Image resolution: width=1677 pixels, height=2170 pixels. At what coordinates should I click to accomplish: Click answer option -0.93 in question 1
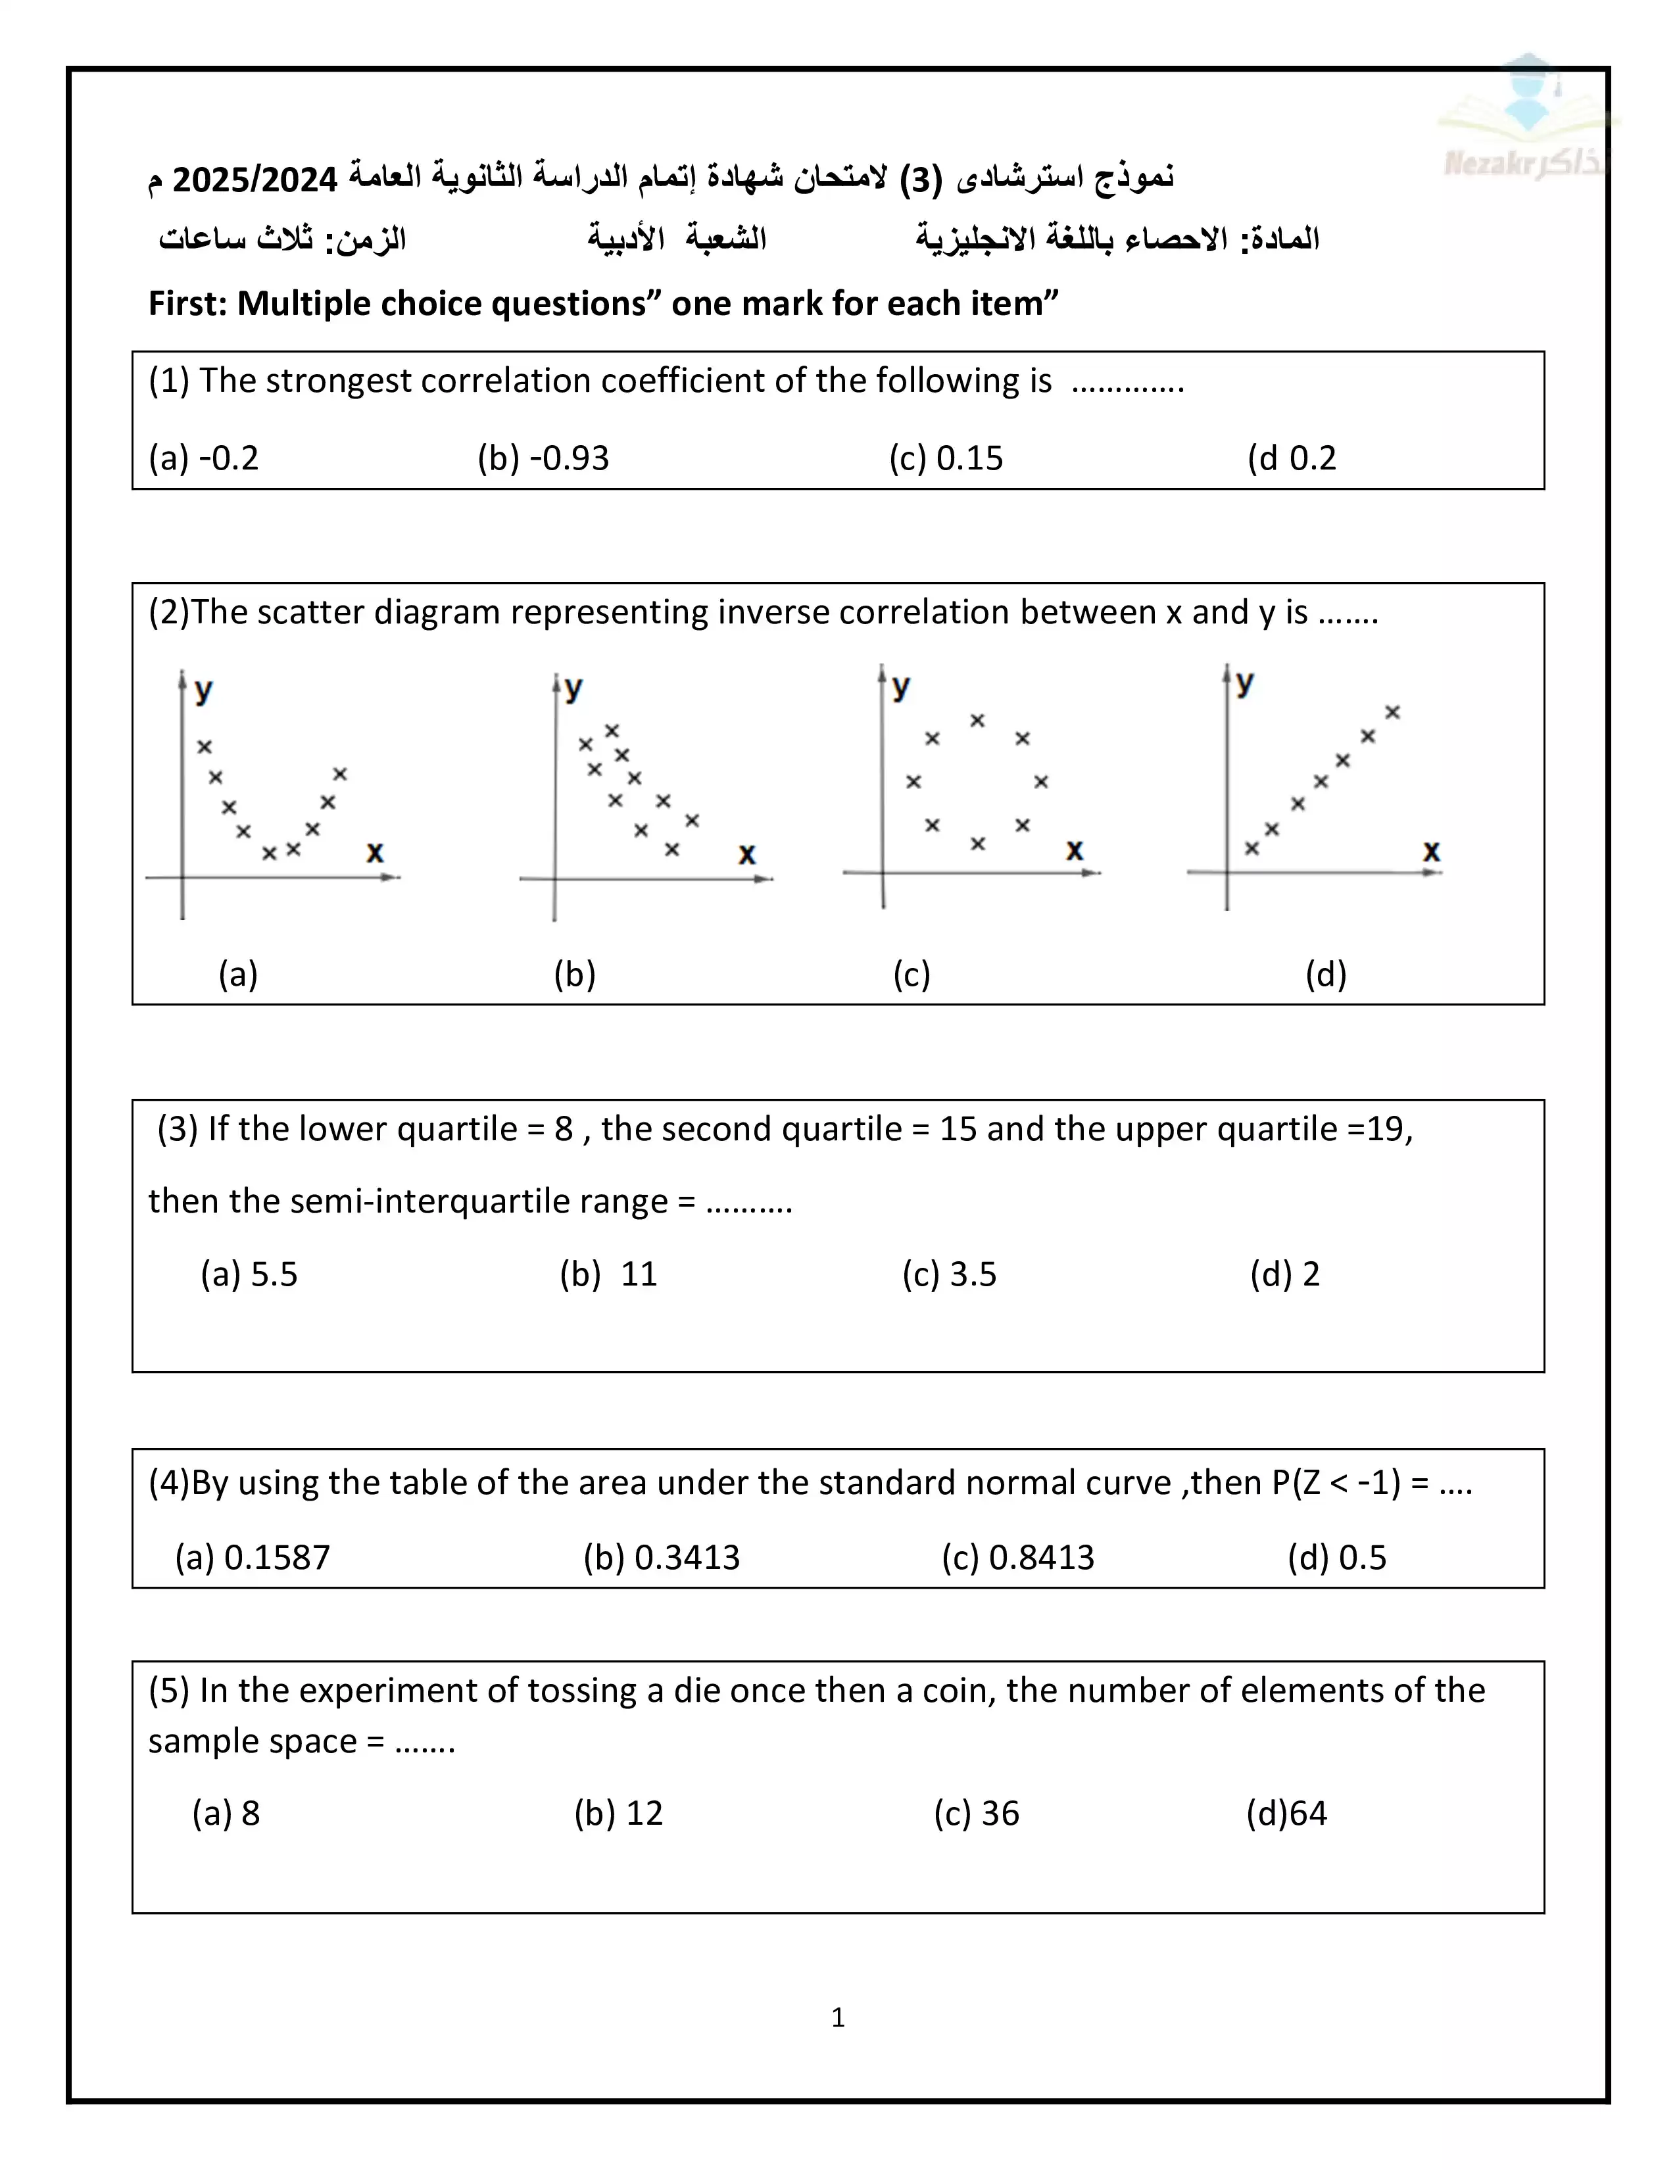pos(543,458)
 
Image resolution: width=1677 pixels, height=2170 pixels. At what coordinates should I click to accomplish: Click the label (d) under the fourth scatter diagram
pos(1325,974)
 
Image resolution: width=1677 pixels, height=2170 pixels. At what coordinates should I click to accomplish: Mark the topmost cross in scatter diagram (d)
pos(1393,712)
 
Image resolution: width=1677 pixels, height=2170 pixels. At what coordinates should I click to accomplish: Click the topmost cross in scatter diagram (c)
pos(977,720)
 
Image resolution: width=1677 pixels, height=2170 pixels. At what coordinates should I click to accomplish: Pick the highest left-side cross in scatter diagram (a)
pos(205,747)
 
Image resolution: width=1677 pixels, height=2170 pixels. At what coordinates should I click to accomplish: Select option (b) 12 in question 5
pos(618,1814)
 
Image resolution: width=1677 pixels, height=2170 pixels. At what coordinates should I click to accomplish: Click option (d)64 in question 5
pos(1286,1814)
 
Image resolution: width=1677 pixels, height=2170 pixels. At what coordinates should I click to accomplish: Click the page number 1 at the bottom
pos(837,2018)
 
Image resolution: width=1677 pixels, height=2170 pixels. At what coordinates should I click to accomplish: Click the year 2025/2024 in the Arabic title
pos(255,180)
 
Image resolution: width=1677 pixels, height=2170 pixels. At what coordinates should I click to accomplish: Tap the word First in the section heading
pos(187,303)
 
